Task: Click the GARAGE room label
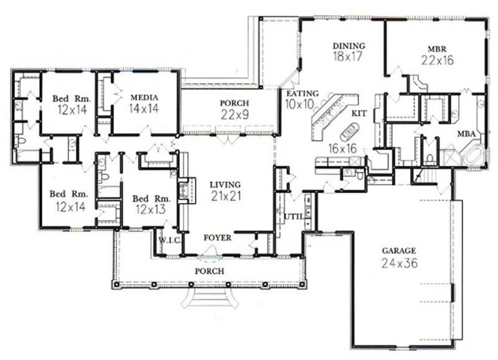(399, 250)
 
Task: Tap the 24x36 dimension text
(399, 263)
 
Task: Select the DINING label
(349, 45)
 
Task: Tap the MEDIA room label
(144, 97)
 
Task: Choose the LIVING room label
(225, 184)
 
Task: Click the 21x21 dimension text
(225, 197)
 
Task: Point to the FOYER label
(218, 238)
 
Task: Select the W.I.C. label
(169, 239)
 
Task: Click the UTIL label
(293, 216)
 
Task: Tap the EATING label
(303, 93)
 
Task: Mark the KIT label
(359, 113)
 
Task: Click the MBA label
(467, 133)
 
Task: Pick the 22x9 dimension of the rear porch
(235, 115)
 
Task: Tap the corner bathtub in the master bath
(475, 154)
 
